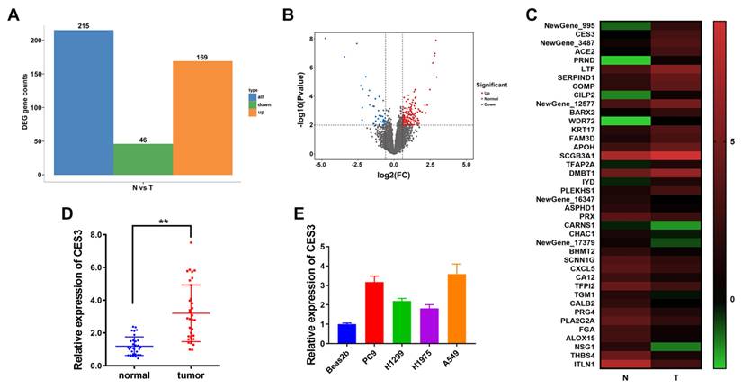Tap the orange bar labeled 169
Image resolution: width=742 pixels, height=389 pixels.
click(x=202, y=117)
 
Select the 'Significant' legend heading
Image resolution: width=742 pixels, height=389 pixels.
click(x=492, y=84)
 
